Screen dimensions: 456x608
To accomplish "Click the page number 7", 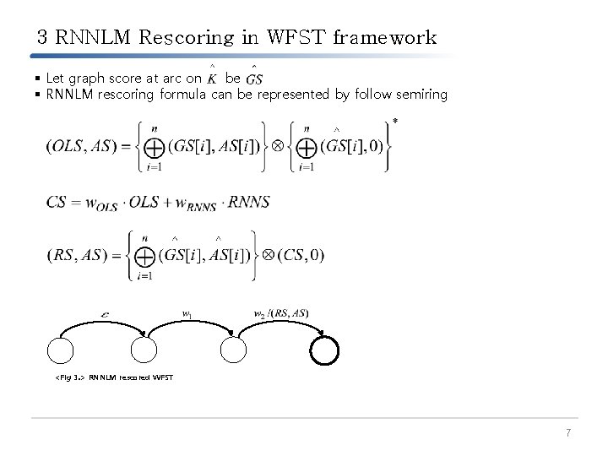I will tap(569, 433).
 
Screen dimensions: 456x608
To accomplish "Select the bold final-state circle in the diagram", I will tap(324, 350).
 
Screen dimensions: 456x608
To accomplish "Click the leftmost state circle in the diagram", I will tap(62, 350).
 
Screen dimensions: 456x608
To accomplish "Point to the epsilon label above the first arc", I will tap(104, 314).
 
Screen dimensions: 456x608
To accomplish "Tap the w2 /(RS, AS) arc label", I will tap(281, 314).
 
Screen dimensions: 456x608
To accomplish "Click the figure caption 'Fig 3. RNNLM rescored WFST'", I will tap(114, 377).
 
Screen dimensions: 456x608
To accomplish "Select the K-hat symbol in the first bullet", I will tap(211, 78).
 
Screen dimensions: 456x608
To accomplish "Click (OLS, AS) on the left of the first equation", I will tap(79, 146).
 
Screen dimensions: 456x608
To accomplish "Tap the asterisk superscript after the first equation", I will tap(395, 122).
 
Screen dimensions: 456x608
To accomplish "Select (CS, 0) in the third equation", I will tap(300, 255).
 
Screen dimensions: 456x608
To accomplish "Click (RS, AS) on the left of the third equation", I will tap(77, 255).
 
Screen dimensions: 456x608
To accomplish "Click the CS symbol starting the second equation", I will tap(57, 203).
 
